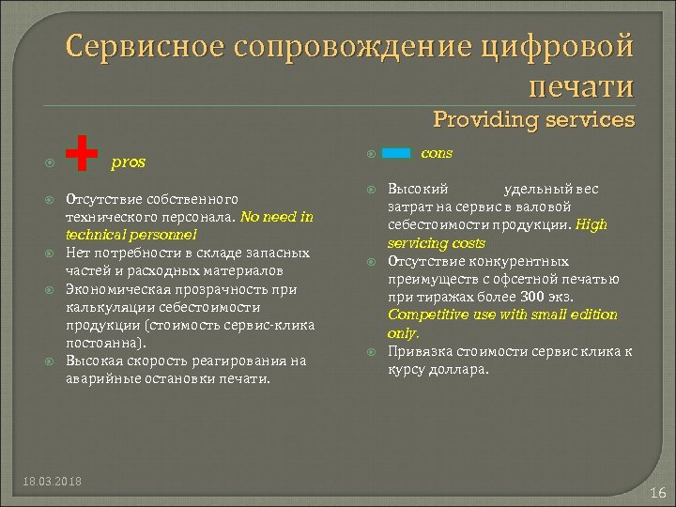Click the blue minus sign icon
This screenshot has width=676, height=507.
pos(398,152)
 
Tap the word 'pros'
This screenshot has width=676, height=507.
pos(129,161)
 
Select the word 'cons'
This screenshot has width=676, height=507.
pos(437,152)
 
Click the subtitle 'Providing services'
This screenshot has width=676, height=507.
pos(533,119)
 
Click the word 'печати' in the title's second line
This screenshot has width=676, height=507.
pos(582,86)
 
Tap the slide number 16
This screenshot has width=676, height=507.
pos(657,492)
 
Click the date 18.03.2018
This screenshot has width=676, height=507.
pos(52,481)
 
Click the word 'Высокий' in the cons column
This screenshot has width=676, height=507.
pos(419,189)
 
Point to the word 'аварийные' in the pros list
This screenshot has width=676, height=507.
pos(98,379)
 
